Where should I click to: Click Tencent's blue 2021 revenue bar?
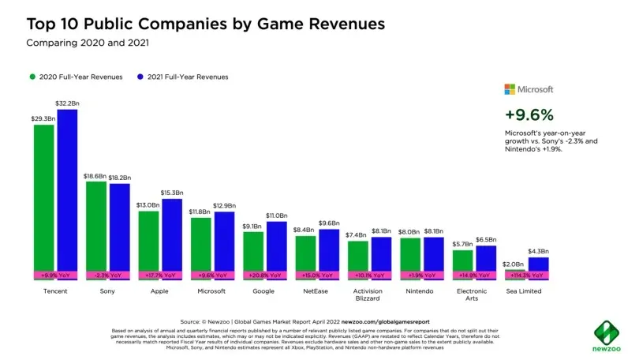pos(67,189)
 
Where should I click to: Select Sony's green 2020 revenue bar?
pos(95,225)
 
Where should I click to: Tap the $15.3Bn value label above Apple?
pos(171,193)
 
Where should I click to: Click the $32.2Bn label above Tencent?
pos(67,103)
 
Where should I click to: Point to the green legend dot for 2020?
pos(32,77)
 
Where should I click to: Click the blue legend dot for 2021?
pos(140,77)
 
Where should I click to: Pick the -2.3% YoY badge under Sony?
pos(107,276)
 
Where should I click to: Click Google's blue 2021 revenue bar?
pos(276,246)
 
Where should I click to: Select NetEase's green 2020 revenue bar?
pos(305,253)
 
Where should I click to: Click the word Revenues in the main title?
pos(340,24)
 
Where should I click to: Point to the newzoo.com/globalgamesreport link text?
pos(387,322)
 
